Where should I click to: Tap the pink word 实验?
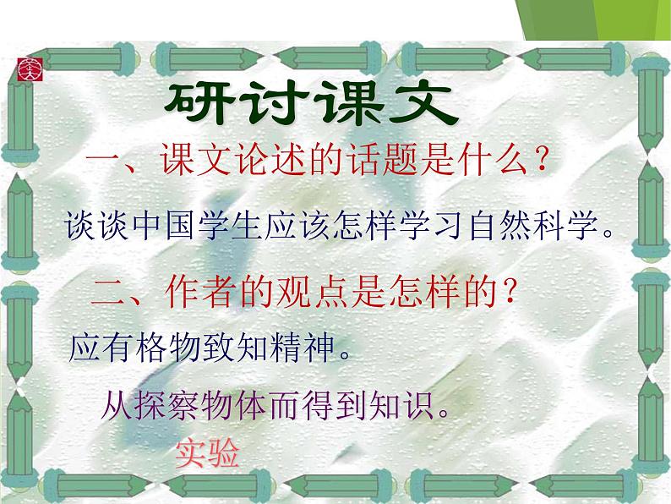point(208,454)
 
